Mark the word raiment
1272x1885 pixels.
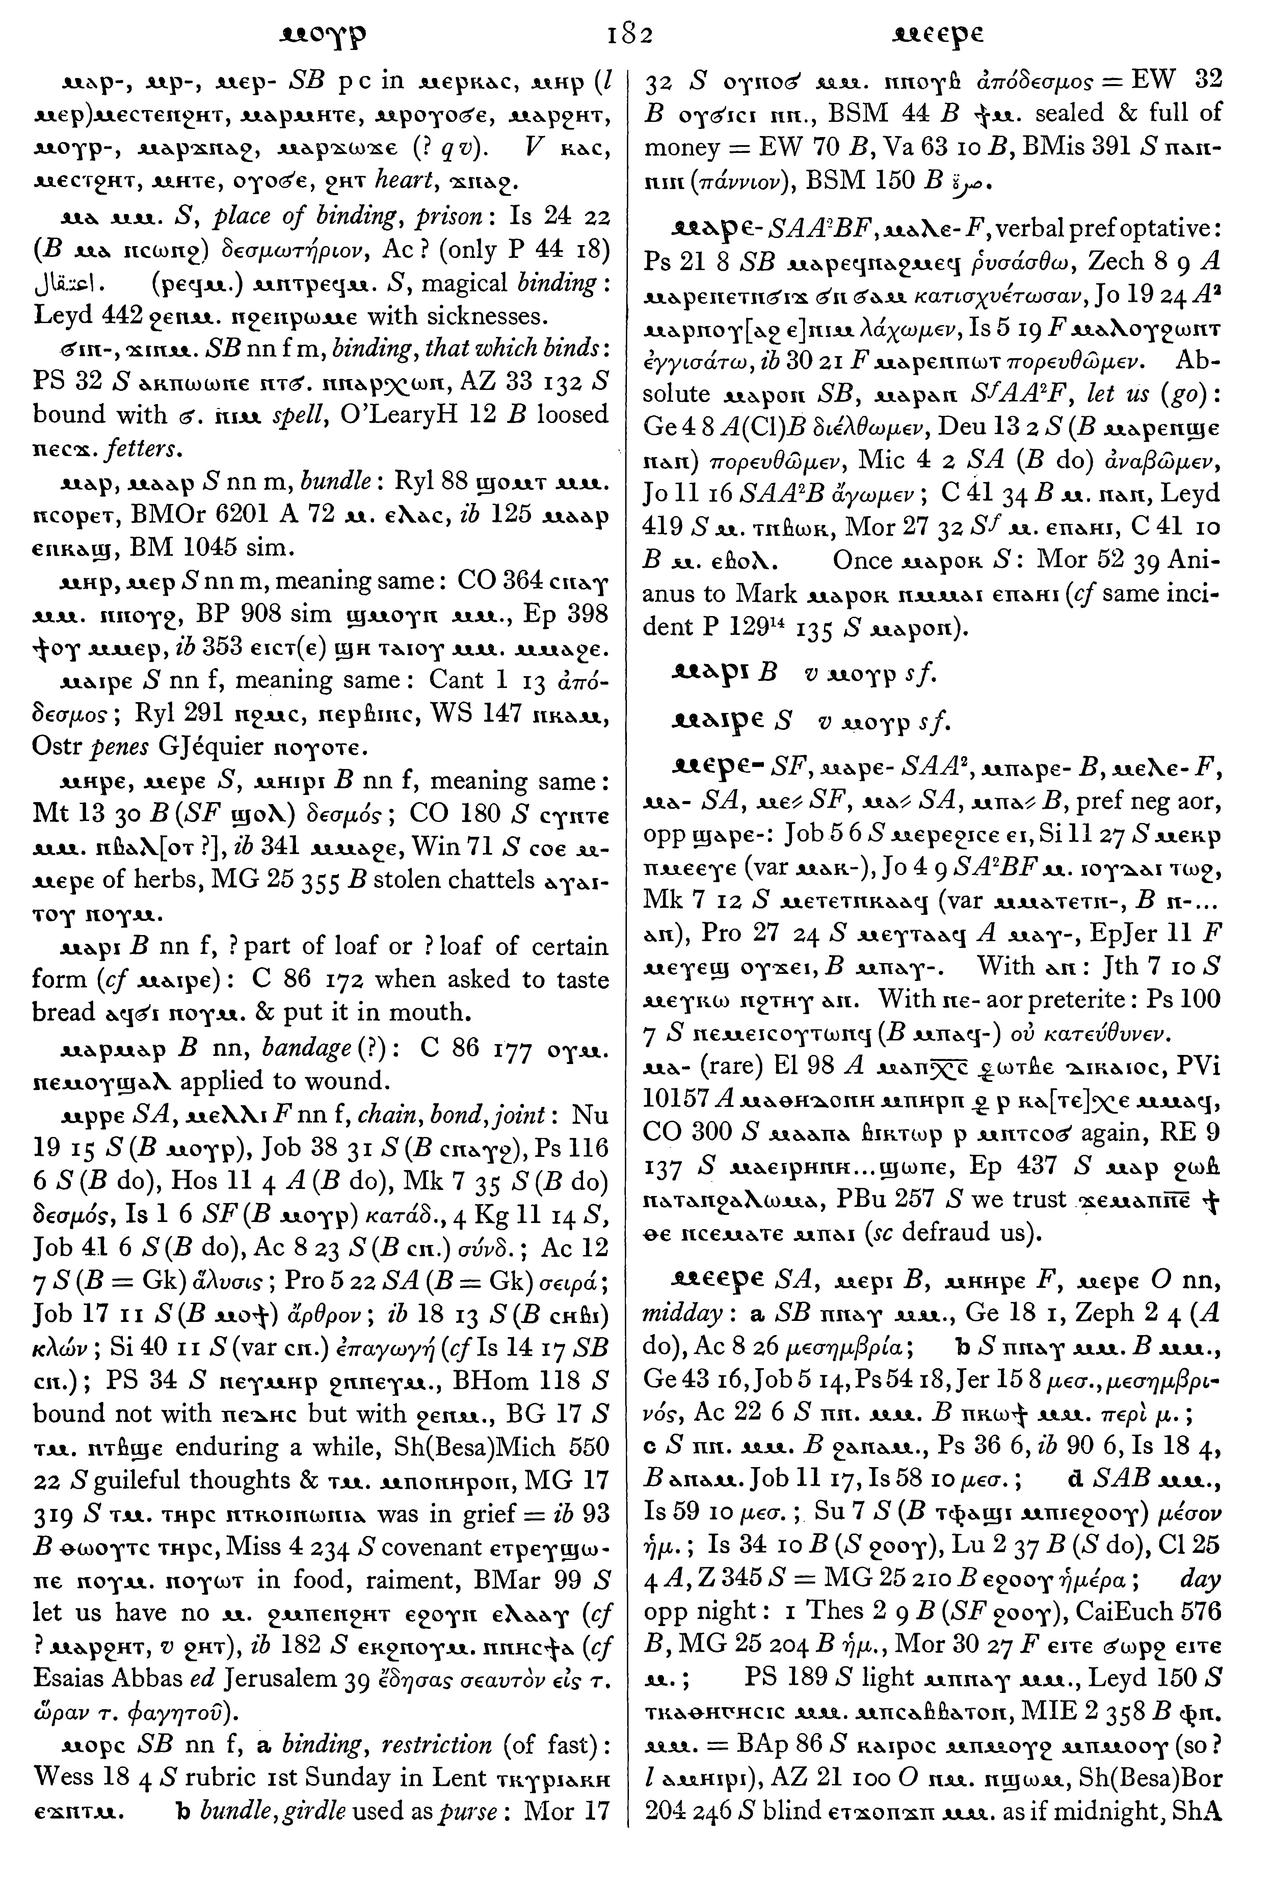click(410, 1577)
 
